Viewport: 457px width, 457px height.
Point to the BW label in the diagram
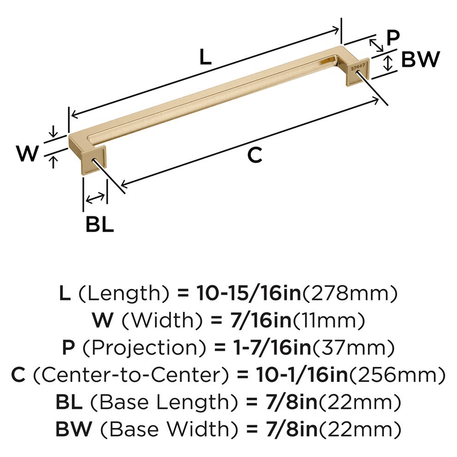pyautogui.click(x=420, y=59)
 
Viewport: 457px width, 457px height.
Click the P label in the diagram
pyautogui.click(x=393, y=38)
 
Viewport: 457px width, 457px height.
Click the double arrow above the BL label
pyautogui.click(x=95, y=198)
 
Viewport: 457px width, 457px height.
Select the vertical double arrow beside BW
pyautogui.click(x=388, y=63)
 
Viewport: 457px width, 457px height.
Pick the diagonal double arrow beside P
pyautogui.click(x=376, y=45)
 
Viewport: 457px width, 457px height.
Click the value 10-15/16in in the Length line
pyautogui.click(x=249, y=293)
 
